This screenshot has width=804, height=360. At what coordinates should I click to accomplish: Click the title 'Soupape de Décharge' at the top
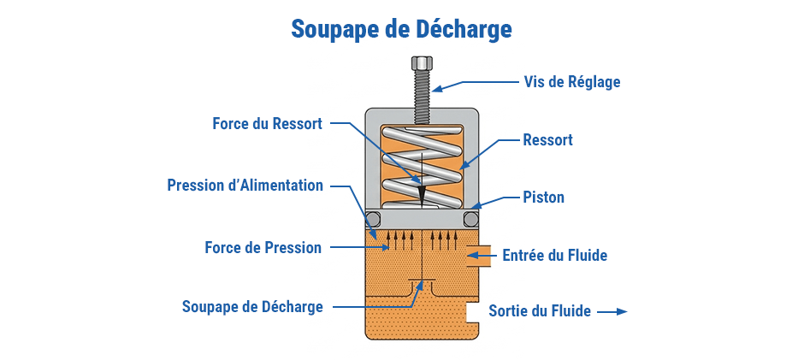point(401,29)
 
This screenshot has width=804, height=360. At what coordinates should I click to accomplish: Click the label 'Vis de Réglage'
point(571,82)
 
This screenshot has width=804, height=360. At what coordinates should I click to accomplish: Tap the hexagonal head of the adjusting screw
point(421,63)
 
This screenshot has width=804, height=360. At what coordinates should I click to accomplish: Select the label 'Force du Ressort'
point(267,123)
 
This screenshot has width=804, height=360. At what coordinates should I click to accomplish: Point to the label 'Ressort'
point(547,139)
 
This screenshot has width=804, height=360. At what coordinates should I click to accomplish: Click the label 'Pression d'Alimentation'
point(245,186)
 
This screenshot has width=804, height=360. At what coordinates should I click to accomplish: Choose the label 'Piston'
point(543,198)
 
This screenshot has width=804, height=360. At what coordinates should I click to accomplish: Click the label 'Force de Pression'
point(263,248)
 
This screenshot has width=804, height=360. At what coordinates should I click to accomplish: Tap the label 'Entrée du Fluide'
point(554,255)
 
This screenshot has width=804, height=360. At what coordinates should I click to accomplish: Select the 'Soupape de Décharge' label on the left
point(252,306)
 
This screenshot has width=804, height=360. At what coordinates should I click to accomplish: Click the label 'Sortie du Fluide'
point(539,311)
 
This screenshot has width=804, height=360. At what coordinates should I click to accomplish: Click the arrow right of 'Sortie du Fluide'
point(612,312)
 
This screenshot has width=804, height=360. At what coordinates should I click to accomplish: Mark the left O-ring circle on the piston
point(373,220)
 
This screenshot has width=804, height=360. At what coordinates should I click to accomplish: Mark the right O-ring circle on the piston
point(470,220)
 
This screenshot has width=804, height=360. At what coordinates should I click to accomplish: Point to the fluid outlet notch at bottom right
point(471,313)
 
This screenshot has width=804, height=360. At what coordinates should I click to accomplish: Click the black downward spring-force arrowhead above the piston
point(422,193)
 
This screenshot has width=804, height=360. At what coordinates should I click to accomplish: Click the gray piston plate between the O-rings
point(422,220)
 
